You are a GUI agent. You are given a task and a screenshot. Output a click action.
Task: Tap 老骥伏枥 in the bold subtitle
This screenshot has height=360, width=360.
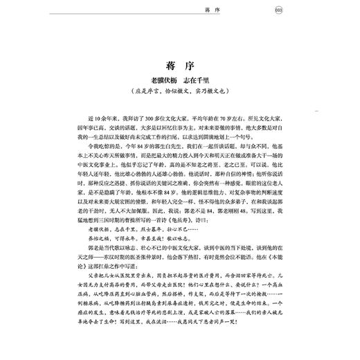159,87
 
